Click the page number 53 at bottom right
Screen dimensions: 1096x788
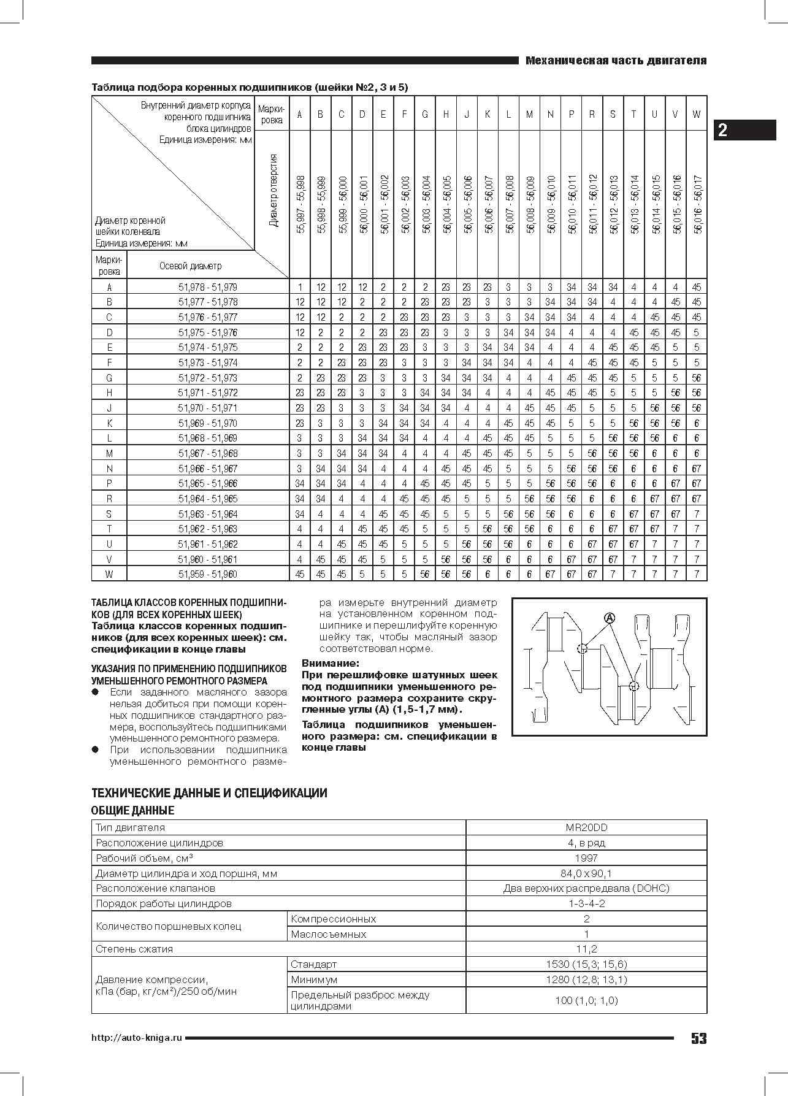point(698,1038)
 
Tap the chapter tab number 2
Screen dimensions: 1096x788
point(723,130)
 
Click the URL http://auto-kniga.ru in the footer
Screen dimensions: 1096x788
point(137,1038)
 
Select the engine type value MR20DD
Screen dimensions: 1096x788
point(586,827)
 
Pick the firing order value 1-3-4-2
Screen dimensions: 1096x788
point(586,903)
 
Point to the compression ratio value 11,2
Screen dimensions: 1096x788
point(586,949)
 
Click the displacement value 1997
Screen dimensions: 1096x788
point(586,858)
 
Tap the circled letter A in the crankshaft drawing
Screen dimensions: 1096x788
point(609,618)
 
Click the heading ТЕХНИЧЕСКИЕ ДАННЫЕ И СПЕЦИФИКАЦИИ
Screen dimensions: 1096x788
point(209,793)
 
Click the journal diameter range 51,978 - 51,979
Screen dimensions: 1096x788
point(208,287)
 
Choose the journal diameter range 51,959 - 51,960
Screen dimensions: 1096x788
point(208,574)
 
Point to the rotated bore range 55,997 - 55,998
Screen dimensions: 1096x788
point(300,204)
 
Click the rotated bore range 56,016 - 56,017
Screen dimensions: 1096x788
point(697,204)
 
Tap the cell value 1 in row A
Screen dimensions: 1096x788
point(300,287)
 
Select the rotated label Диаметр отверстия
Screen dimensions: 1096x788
point(273,190)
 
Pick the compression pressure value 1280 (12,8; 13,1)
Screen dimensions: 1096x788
point(586,979)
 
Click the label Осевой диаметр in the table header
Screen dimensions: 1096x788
point(190,266)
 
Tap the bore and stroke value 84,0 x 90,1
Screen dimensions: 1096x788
point(586,873)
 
